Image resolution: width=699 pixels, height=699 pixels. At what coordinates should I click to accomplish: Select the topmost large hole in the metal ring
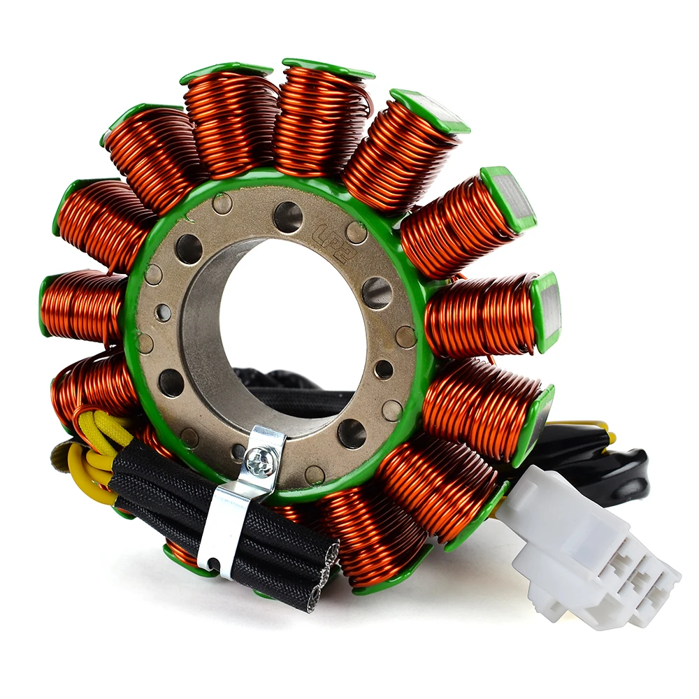coord(287,216)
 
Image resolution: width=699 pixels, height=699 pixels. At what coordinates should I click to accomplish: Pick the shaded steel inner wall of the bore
coord(203,329)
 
